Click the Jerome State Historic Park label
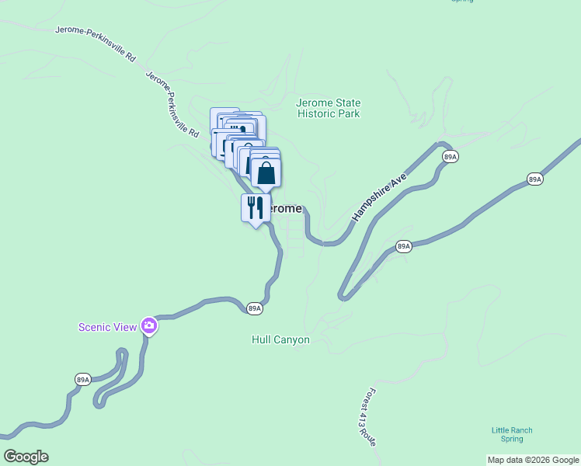(x=329, y=108)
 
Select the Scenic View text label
(x=107, y=327)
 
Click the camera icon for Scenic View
(x=149, y=326)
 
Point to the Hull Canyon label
(x=280, y=339)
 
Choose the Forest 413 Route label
(x=368, y=416)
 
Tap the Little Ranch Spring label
(x=512, y=434)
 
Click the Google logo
(x=26, y=457)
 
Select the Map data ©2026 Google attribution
(x=533, y=460)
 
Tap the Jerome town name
(x=283, y=208)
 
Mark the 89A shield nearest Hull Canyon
(x=255, y=308)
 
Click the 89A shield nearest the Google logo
(x=84, y=379)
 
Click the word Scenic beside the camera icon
(x=93, y=327)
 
